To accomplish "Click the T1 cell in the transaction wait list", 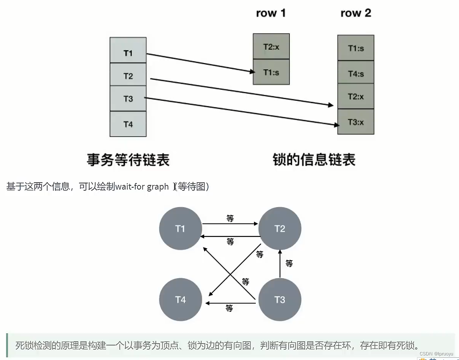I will pos(128,53).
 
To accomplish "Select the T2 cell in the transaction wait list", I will pos(128,76).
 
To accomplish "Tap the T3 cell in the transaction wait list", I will pos(128,99).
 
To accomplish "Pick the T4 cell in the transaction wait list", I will pos(128,124).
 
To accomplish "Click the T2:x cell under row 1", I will pos(271,47).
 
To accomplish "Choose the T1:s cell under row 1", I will pos(271,72).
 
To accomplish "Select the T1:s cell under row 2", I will pos(356,48).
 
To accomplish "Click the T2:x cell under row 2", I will pos(356,97).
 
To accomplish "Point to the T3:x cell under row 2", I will pos(356,122).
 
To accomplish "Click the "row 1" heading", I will pos(271,13).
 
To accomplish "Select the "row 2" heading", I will pos(356,13).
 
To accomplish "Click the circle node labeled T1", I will pos(180,229).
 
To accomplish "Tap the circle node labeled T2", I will pos(280,229).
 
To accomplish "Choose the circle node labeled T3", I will pos(280,300).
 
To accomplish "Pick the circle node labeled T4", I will pos(180,300).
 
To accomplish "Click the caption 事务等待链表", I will pos(128,159).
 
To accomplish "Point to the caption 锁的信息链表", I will pos(314,159).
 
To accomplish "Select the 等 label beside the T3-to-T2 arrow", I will pos(289,263).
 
